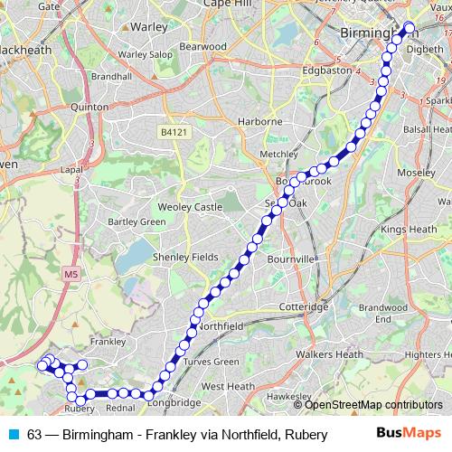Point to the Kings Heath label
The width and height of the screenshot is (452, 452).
(407, 230)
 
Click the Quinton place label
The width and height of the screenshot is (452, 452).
(89, 106)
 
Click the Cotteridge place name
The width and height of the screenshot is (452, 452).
(305, 307)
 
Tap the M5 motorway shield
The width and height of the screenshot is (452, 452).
(71, 272)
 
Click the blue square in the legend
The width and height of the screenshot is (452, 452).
(11, 434)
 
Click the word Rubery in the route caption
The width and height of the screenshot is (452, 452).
(306, 434)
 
